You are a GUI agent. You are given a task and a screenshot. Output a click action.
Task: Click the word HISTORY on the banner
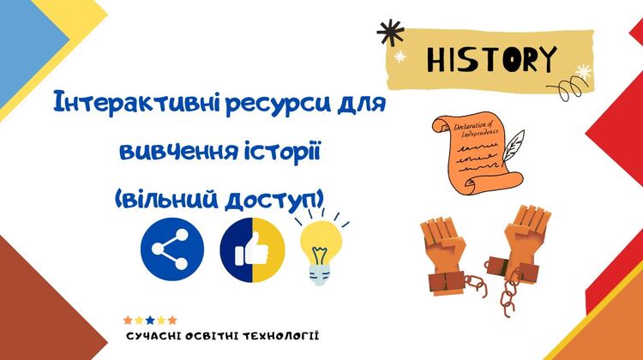coord(492,60)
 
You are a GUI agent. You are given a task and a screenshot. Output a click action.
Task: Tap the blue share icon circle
coord(172,249)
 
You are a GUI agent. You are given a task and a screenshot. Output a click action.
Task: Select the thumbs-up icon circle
coord(252,250)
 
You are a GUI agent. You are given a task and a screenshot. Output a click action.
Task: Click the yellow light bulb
coord(321,251)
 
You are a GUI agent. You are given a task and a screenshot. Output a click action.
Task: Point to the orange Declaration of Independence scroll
coord(476,154)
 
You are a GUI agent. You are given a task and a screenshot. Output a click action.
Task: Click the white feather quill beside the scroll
coord(513,145)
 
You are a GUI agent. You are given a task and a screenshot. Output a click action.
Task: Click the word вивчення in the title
coord(179,152)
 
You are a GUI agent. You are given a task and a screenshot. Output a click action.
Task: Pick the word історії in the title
coord(282,152)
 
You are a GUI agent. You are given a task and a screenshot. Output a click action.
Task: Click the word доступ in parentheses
coord(271,201)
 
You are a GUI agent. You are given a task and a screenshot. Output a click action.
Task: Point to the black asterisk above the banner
coord(390,32)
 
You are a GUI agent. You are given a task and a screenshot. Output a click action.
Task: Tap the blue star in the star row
coord(150,320)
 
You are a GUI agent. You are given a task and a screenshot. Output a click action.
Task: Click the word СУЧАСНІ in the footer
coord(153,337)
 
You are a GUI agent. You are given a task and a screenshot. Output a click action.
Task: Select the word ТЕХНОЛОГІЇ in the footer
coord(280,336)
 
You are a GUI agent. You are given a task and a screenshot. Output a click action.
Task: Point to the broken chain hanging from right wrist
coord(508,294)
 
